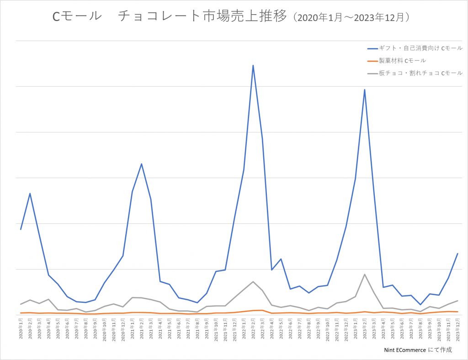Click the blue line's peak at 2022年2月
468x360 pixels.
click(x=253, y=65)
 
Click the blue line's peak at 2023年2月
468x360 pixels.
click(x=364, y=90)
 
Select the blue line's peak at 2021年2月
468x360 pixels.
click(x=142, y=164)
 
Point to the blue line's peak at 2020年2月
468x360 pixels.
click(x=30, y=193)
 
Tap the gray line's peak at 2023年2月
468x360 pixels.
click(x=364, y=274)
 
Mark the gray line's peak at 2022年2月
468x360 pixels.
click(x=253, y=281)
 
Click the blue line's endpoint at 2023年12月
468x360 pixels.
click(x=457, y=254)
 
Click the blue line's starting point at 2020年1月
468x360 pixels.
click(x=21, y=229)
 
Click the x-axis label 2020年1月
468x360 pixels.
click(x=21, y=329)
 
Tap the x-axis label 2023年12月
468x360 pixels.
click(x=457, y=329)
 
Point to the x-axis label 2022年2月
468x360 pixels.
click(x=253, y=329)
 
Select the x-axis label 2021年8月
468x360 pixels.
click(x=197, y=329)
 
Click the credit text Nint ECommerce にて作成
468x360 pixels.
click(x=418, y=349)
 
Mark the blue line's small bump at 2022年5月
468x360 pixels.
click(x=281, y=259)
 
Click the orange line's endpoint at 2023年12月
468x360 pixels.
click(x=457, y=312)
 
